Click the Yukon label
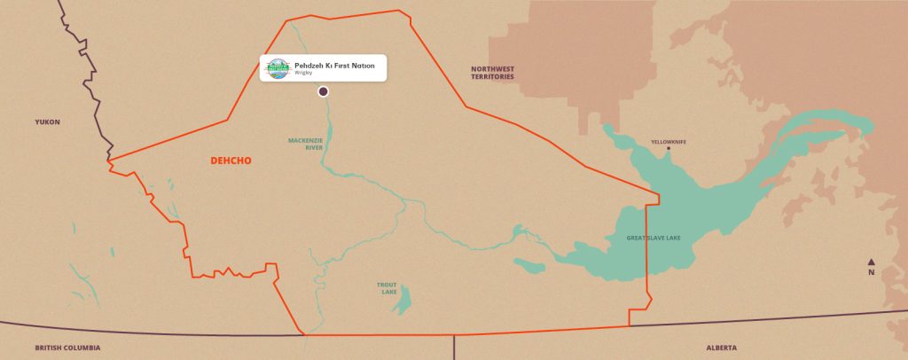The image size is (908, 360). pyautogui.click(x=46, y=121)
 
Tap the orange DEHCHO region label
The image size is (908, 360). pyautogui.click(x=231, y=160)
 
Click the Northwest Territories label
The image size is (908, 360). pyautogui.click(x=492, y=73)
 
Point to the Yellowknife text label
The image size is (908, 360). pyautogui.click(x=669, y=142)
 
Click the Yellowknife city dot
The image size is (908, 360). pyautogui.click(x=669, y=149)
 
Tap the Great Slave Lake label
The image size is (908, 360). pyautogui.click(x=658, y=238)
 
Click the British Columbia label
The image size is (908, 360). pyautogui.click(x=67, y=348)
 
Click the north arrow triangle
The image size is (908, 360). pyautogui.click(x=872, y=262)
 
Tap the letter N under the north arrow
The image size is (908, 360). pyautogui.click(x=872, y=273)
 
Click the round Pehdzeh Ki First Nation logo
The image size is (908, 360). pyautogui.click(x=278, y=68)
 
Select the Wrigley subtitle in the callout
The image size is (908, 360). pyautogui.click(x=304, y=74)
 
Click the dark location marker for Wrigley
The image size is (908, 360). pyautogui.click(x=323, y=91)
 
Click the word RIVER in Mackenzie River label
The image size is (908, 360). pyautogui.click(x=306, y=148)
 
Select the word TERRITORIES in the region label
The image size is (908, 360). pyautogui.click(x=492, y=77)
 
